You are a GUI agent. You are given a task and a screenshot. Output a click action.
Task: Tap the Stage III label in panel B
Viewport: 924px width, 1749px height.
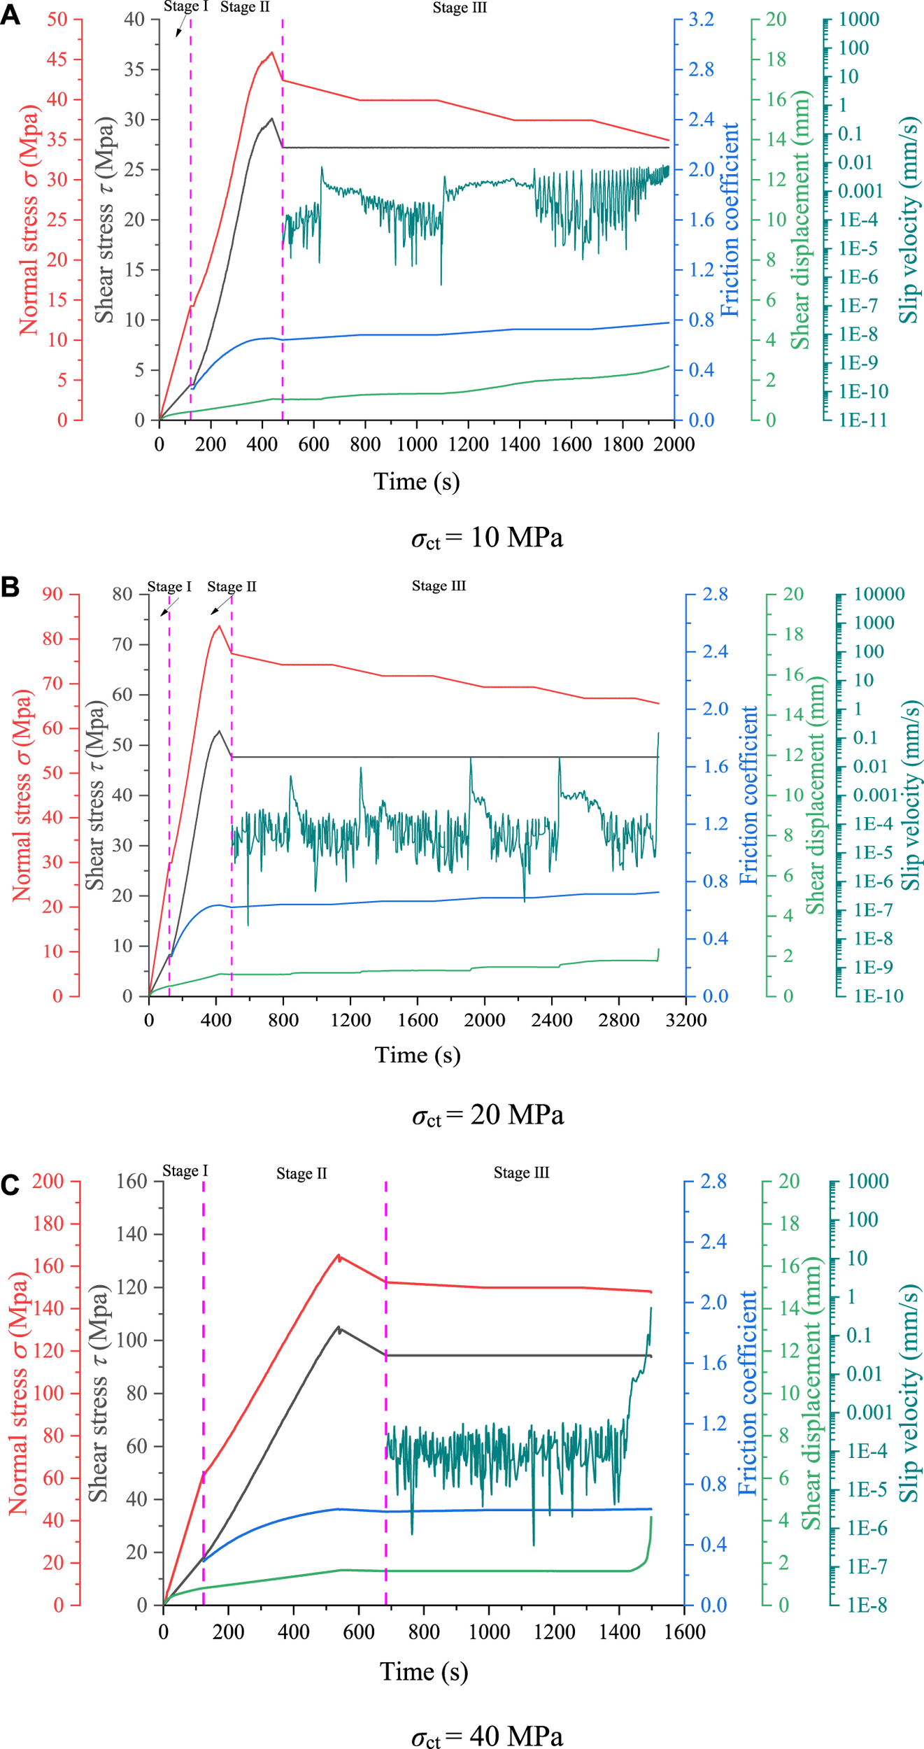click(x=439, y=586)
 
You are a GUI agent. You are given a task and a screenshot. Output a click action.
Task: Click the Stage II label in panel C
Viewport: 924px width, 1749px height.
click(x=301, y=1173)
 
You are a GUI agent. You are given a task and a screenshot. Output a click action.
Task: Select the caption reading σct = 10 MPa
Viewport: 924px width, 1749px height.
click(x=487, y=537)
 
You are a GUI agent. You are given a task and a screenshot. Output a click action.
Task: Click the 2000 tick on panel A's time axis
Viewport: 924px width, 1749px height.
click(x=674, y=444)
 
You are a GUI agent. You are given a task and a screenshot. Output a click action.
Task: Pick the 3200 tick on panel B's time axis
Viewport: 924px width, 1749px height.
click(x=686, y=1020)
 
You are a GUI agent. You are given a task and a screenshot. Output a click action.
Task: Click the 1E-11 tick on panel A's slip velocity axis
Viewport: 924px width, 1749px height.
click(x=862, y=420)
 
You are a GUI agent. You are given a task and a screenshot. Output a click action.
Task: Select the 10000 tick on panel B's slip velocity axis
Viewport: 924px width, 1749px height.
click(x=879, y=594)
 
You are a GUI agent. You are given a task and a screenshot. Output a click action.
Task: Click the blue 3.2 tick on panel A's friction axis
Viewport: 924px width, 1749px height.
click(x=702, y=20)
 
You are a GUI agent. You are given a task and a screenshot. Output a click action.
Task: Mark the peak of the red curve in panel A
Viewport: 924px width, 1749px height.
click(x=271, y=52)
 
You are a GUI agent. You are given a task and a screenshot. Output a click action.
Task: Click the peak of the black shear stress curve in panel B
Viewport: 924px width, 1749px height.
click(x=219, y=731)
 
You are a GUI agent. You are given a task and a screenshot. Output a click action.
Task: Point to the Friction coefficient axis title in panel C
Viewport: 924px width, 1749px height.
click(x=748, y=1393)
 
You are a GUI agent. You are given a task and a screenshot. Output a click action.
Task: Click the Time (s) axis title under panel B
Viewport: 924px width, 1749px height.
click(x=418, y=1054)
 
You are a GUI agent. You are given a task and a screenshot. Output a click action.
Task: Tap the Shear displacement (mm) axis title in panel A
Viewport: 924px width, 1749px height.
click(x=800, y=220)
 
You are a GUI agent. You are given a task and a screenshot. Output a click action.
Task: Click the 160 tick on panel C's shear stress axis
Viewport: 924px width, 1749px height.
click(x=132, y=1181)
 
